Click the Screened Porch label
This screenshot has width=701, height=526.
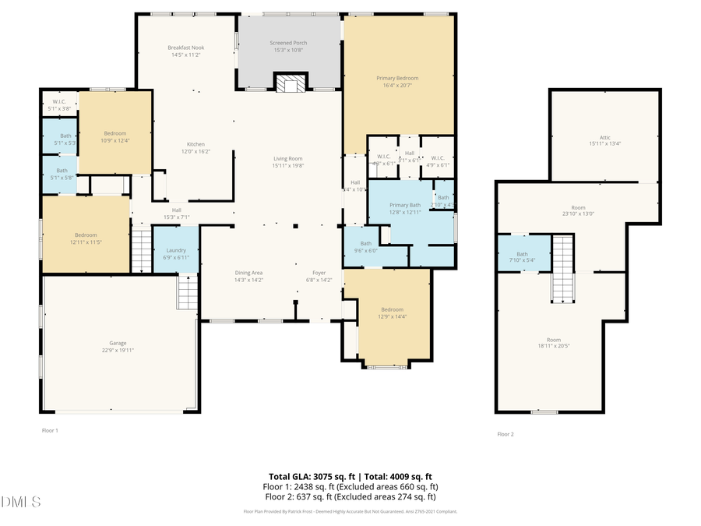pos(288,42)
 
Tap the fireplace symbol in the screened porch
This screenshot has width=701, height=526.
pos(290,83)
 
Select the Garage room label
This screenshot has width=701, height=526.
pos(118,343)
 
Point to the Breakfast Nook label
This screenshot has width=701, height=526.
pos(185,48)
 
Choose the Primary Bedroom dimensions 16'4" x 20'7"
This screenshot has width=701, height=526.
pos(397,86)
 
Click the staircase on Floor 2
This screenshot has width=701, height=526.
pos(563,268)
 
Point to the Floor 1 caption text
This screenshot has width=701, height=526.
pos(50,430)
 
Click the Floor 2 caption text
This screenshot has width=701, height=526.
pos(505,434)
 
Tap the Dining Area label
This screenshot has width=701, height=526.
pos(248,273)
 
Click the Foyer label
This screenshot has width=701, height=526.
pos(319,273)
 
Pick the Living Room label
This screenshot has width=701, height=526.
pos(287,159)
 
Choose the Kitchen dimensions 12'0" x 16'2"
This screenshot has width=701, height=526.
pos(195,151)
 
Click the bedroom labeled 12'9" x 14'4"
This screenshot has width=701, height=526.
pos(392,313)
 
